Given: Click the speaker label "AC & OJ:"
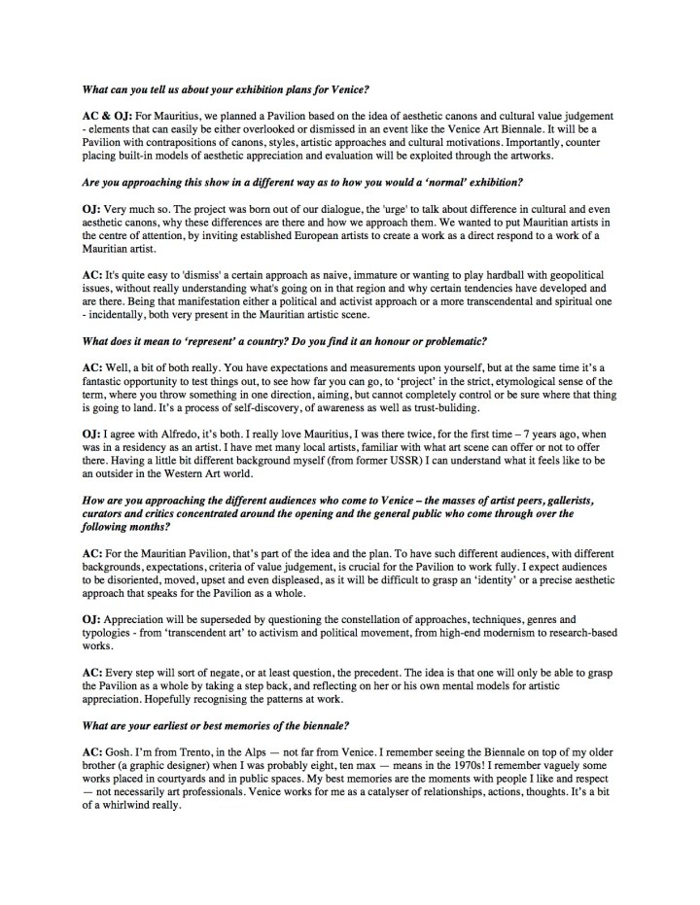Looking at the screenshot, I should coord(107,116).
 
